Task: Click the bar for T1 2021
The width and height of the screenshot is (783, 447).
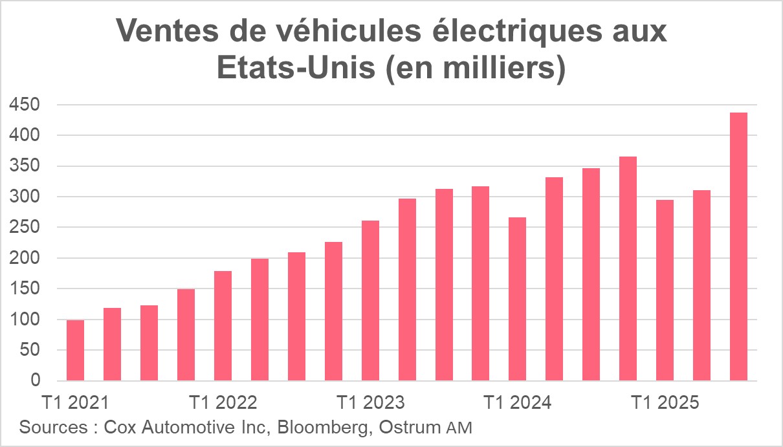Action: (75, 350)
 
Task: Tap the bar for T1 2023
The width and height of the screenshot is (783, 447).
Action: (370, 300)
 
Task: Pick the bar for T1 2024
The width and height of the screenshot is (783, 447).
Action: (517, 299)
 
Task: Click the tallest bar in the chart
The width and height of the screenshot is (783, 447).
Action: (738, 246)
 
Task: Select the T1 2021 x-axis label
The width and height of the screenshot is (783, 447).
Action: (75, 402)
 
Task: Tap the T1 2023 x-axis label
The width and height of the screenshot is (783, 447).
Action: (370, 402)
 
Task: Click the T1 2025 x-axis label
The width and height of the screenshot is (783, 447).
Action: (665, 402)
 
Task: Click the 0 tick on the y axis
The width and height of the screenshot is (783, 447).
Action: (36, 381)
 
